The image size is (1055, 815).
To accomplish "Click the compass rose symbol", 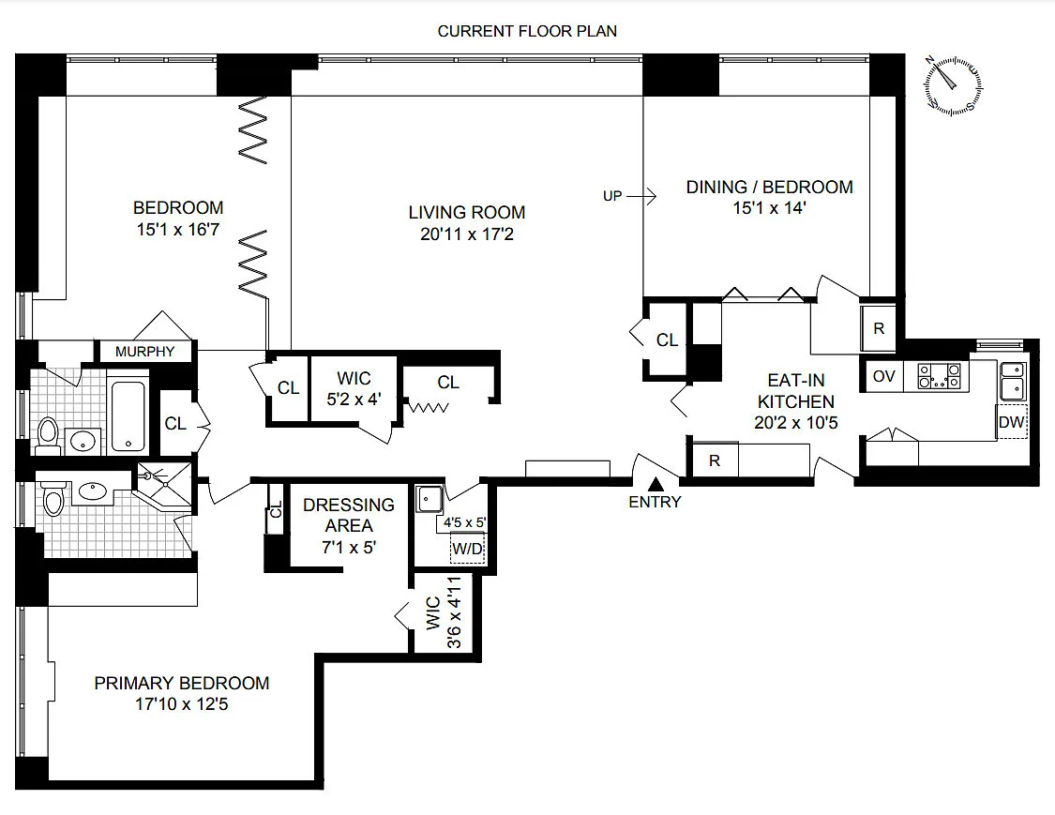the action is click(x=952, y=85).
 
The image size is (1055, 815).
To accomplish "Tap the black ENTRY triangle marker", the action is click(x=656, y=484).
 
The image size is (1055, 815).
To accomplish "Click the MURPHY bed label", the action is click(x=144, y=352).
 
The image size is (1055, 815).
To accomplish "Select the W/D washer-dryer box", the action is click(x=467, y=548).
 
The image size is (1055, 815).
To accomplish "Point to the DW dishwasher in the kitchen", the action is click(x=1011, y=422).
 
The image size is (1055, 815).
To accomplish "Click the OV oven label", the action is click(x=883, y=376).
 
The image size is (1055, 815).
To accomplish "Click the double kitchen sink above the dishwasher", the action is click(x=1013, y=380).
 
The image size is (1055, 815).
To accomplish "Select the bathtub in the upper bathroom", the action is click(x=128, y=415).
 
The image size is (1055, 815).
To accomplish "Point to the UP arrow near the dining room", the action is click(x=641, y=197).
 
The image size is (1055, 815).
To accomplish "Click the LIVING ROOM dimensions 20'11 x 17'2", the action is click(x=467, y=234).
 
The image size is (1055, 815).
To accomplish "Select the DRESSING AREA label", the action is click(x=349, y=515).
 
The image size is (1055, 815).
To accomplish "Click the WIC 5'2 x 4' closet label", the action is click(x=354, y=388).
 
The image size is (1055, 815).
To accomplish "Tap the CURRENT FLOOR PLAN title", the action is click(x=527, y=31).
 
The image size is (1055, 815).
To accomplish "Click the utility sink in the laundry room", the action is click(x=429, y=499).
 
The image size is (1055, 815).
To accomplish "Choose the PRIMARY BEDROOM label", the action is click(x=182, y=683).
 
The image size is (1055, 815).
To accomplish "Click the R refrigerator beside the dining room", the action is click(x=879, y=328).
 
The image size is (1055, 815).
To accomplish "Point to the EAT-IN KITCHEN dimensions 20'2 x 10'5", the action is click(x=796, y=423).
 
